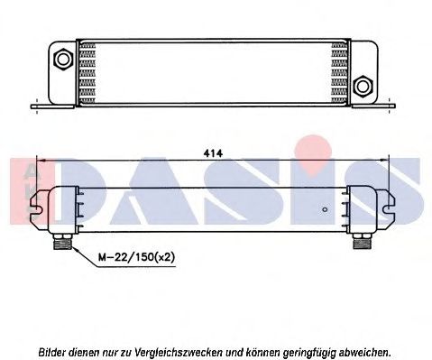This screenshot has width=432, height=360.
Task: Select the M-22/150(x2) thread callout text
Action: [x=136, y=257]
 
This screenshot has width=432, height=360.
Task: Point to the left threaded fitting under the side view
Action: [x=64, y=239]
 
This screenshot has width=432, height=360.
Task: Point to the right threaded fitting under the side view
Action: [x=358, y=238]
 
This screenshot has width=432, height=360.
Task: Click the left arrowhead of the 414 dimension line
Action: [x=38, y=161]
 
